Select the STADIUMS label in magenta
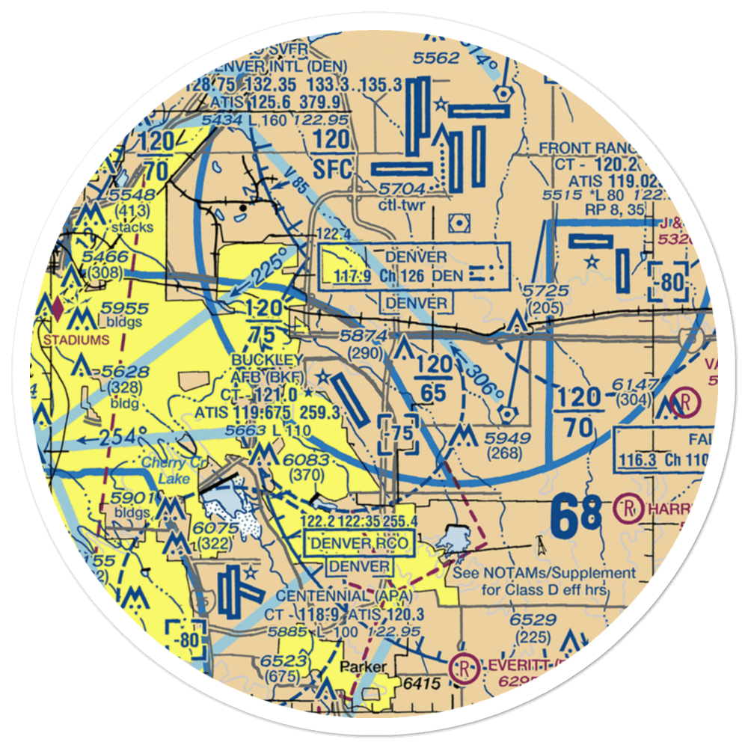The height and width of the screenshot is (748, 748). point(76,339)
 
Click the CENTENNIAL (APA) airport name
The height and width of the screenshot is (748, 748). point(323,595)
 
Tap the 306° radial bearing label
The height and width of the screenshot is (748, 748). point(480,381)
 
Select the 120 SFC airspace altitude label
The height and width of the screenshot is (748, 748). point(331,154)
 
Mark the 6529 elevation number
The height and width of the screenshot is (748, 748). point(533,619)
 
